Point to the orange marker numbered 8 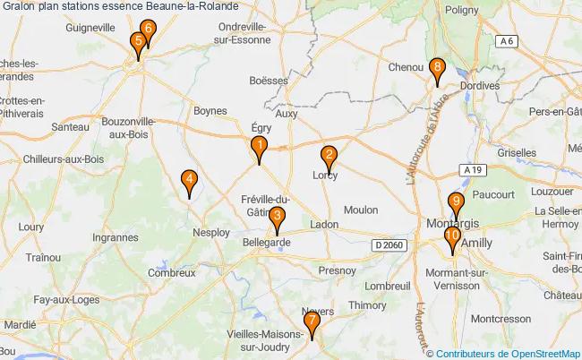click(436, 69)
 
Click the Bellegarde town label click(267, 242)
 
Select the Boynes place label click(210, 111)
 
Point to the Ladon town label click(324, 224)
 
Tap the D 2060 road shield click(389, 244)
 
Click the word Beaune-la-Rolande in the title click(190, 8)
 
